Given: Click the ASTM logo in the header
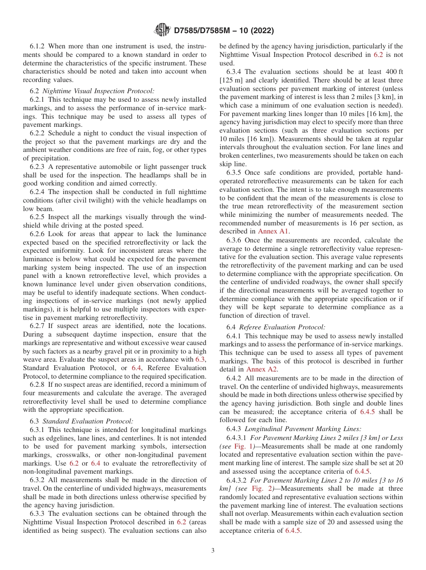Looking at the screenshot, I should (x=162, y=30).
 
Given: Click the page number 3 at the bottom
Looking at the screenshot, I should (x=213, y=550).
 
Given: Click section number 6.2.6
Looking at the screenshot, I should (x=39, y=234).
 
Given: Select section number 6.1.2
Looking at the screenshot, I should (x=39, y=46).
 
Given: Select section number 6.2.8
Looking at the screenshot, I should (x=39, y=384).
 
